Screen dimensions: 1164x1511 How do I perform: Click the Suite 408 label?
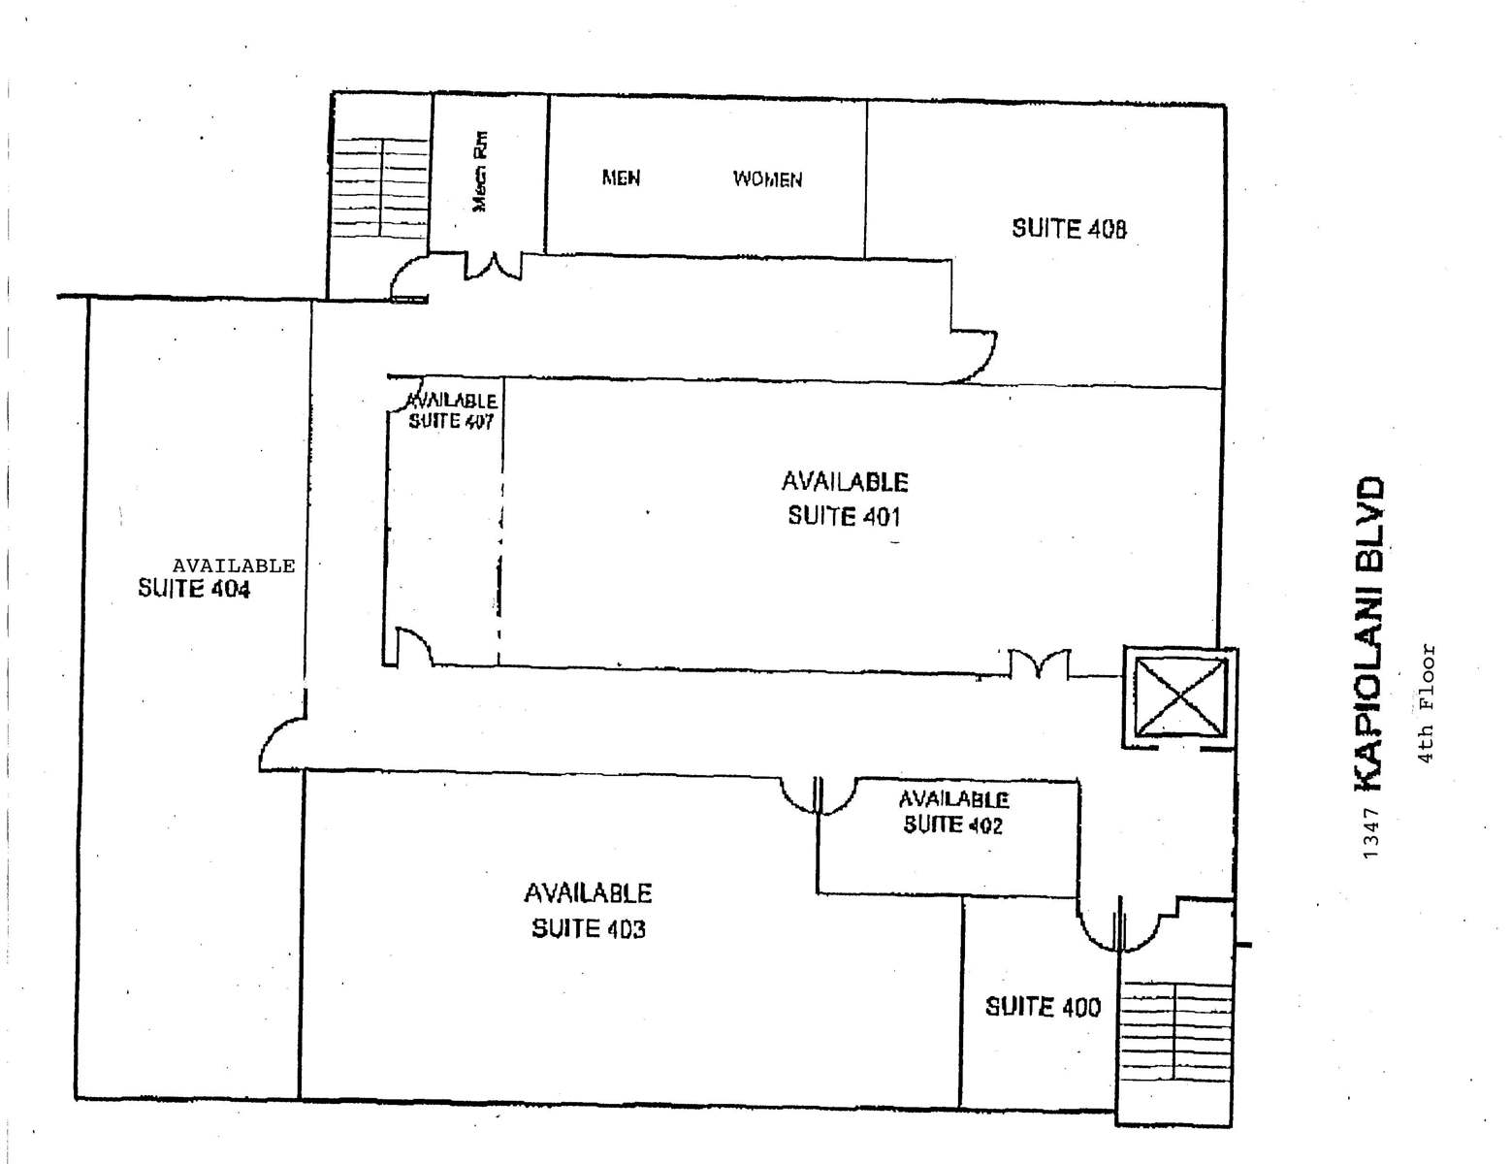click(x=1069, y=229)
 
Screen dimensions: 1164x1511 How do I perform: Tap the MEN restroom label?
click(x=621, y=178)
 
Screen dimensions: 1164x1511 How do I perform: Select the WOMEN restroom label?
click(x=767, y=179)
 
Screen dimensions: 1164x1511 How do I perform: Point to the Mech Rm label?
click(x=480, y=172)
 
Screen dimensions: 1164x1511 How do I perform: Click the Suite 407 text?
click(x=451, y=421)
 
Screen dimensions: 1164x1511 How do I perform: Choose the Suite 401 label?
click(x=844, y=516)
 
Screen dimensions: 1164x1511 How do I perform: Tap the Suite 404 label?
click(x=194, y=589)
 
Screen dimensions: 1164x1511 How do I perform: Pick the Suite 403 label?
click(x=588, y=928)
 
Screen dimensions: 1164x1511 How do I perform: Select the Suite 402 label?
click(x=952, y=824)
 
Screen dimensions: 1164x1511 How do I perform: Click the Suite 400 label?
click(x=1043, y=1007)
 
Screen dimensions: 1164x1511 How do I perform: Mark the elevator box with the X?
click(x=1179, y=696)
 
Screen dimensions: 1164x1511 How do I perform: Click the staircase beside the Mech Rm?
click(x=380, y=190)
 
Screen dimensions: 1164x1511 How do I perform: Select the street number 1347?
click(x=1370, y=832)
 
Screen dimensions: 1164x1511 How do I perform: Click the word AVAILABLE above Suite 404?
click(x=234, y=566)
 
